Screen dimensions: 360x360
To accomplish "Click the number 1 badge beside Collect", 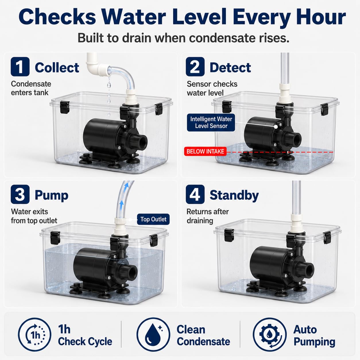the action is point(20,67).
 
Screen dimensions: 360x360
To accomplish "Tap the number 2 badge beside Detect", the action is point(195,67).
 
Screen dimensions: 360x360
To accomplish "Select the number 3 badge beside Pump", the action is point(20,194).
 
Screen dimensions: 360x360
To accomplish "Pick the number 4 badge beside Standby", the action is point(195,194).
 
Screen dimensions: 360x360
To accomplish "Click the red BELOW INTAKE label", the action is point(205,151).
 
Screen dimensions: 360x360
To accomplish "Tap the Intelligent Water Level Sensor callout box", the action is point(211,123).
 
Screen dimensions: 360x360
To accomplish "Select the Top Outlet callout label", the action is point(153,219).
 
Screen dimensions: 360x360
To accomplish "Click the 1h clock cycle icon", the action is point(34,334).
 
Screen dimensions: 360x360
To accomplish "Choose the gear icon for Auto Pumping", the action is point(270,334).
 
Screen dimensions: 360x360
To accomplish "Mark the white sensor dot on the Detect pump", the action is point(276,127).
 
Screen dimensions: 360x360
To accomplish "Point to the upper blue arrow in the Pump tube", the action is point(127,185).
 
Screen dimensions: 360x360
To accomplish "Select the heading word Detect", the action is point(230,67).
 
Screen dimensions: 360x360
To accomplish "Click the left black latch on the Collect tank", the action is point(65,107).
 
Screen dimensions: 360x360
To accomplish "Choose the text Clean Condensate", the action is point(203,335).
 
